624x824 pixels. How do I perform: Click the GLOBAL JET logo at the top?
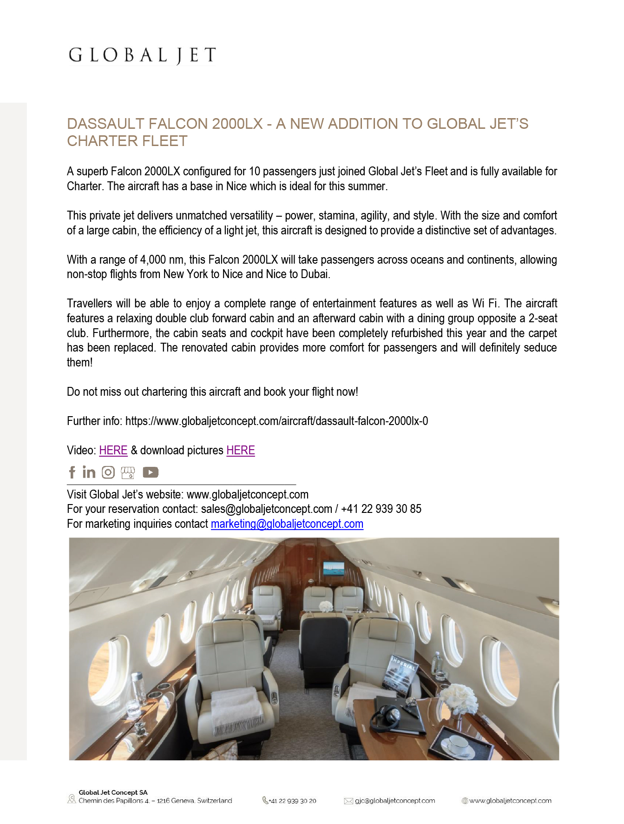coord(142,55)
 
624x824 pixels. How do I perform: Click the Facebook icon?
coord(72,472)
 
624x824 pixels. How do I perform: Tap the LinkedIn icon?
coord(89,472)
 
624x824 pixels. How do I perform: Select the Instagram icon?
coord(108,472)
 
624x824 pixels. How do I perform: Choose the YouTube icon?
coord(151,472)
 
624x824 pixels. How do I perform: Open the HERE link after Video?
coord(113,451)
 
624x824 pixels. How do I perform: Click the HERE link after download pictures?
coord(241,451)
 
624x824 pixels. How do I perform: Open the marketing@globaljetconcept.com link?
coord(287,524)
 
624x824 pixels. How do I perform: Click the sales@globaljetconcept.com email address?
coord(267,509)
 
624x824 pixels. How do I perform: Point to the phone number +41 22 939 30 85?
coord(381,509)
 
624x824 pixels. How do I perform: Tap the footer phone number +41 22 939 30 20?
coord(293,801)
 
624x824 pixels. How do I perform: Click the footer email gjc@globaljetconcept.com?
coord(395,801)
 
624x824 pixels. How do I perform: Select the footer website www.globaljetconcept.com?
coord(510,801)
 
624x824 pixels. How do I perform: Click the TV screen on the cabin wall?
coord(334,568)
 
